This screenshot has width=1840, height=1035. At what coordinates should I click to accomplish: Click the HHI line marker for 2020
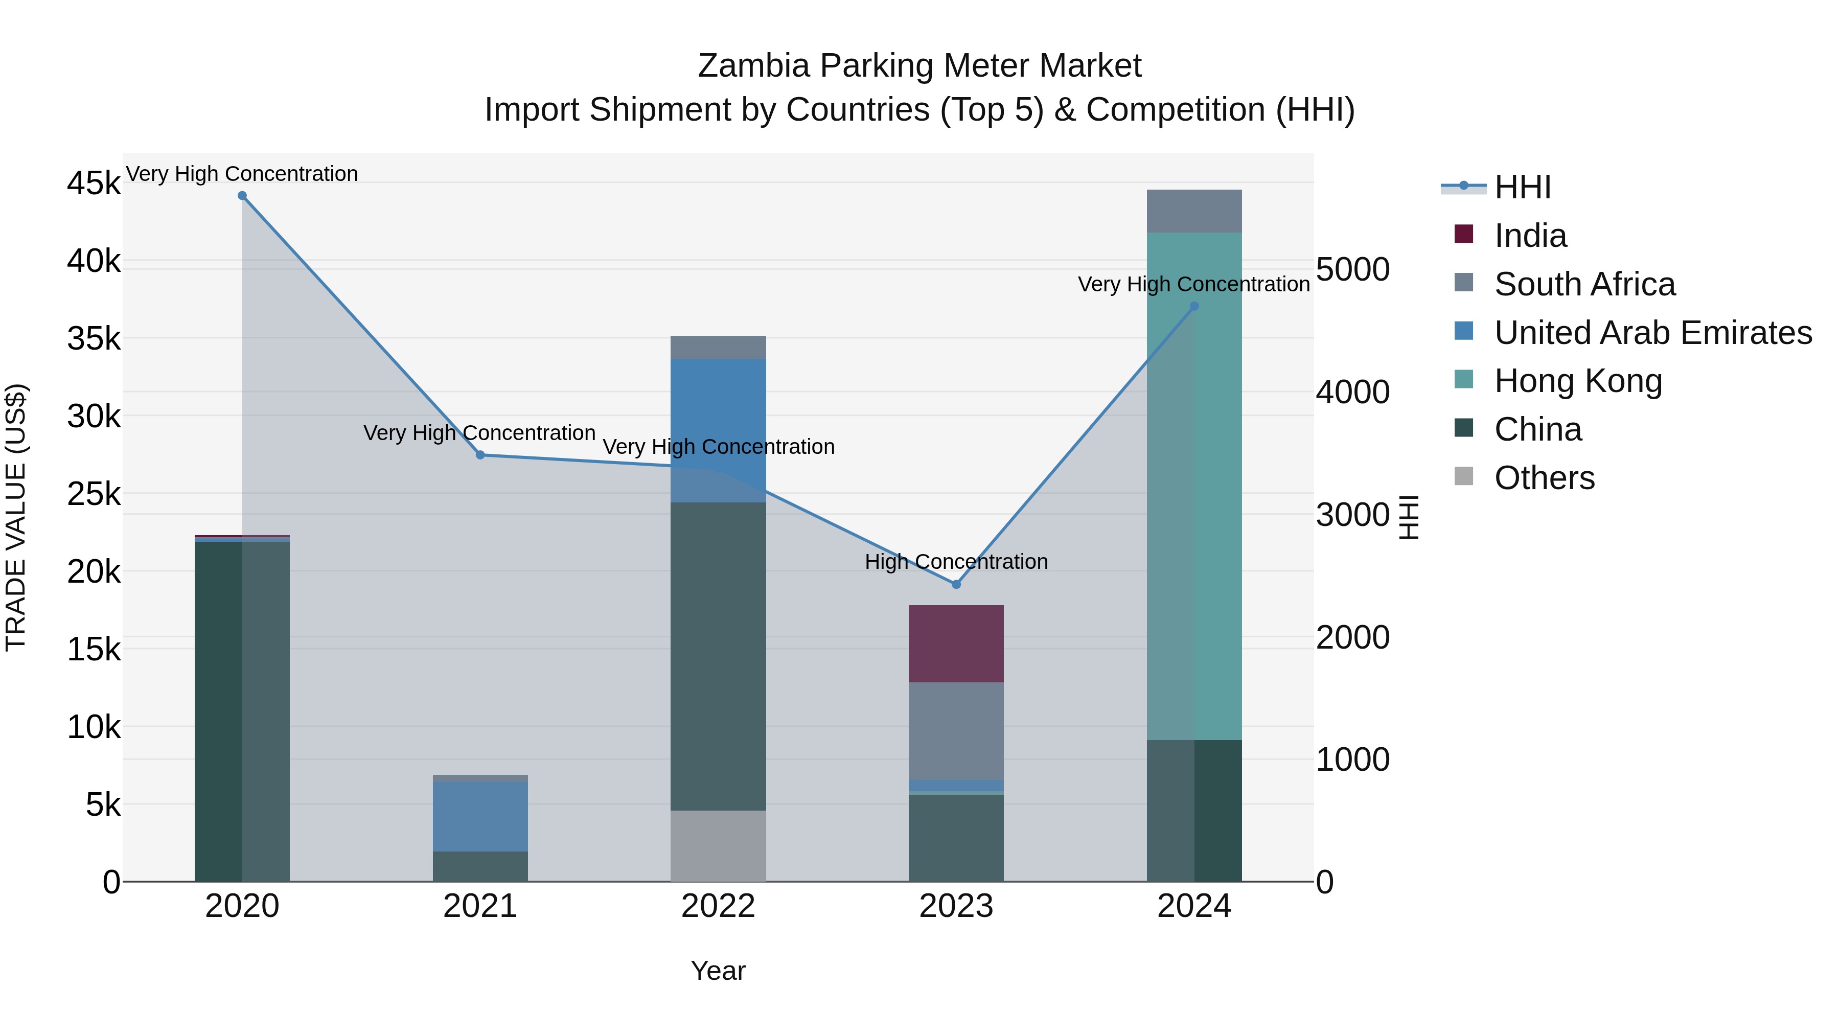coord(242,196)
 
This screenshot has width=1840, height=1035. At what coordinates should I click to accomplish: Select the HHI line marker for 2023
coord(956,584)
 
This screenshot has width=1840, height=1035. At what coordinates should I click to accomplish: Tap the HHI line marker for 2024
coord(1194,307)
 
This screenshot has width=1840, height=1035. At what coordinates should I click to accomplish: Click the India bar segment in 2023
coord(956,643)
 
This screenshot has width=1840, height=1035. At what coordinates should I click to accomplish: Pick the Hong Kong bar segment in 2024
coord(1194,486)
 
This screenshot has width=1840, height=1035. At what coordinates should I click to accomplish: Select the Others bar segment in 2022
coord(718,846)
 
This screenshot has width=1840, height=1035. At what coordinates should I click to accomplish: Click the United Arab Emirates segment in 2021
coord(480,816)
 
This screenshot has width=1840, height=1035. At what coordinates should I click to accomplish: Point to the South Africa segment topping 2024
coord(1194,212)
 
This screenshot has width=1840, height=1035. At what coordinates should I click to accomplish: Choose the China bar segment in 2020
coord(242,711)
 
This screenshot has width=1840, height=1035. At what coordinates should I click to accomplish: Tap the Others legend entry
coord(1544,478)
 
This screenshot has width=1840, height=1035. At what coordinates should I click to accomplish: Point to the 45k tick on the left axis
coord(94,183)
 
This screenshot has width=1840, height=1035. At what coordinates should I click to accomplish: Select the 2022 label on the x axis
coord(718,906)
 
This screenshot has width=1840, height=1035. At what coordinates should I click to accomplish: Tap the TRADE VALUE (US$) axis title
coord(16,517)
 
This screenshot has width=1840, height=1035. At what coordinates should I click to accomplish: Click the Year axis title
coord(718,971)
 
